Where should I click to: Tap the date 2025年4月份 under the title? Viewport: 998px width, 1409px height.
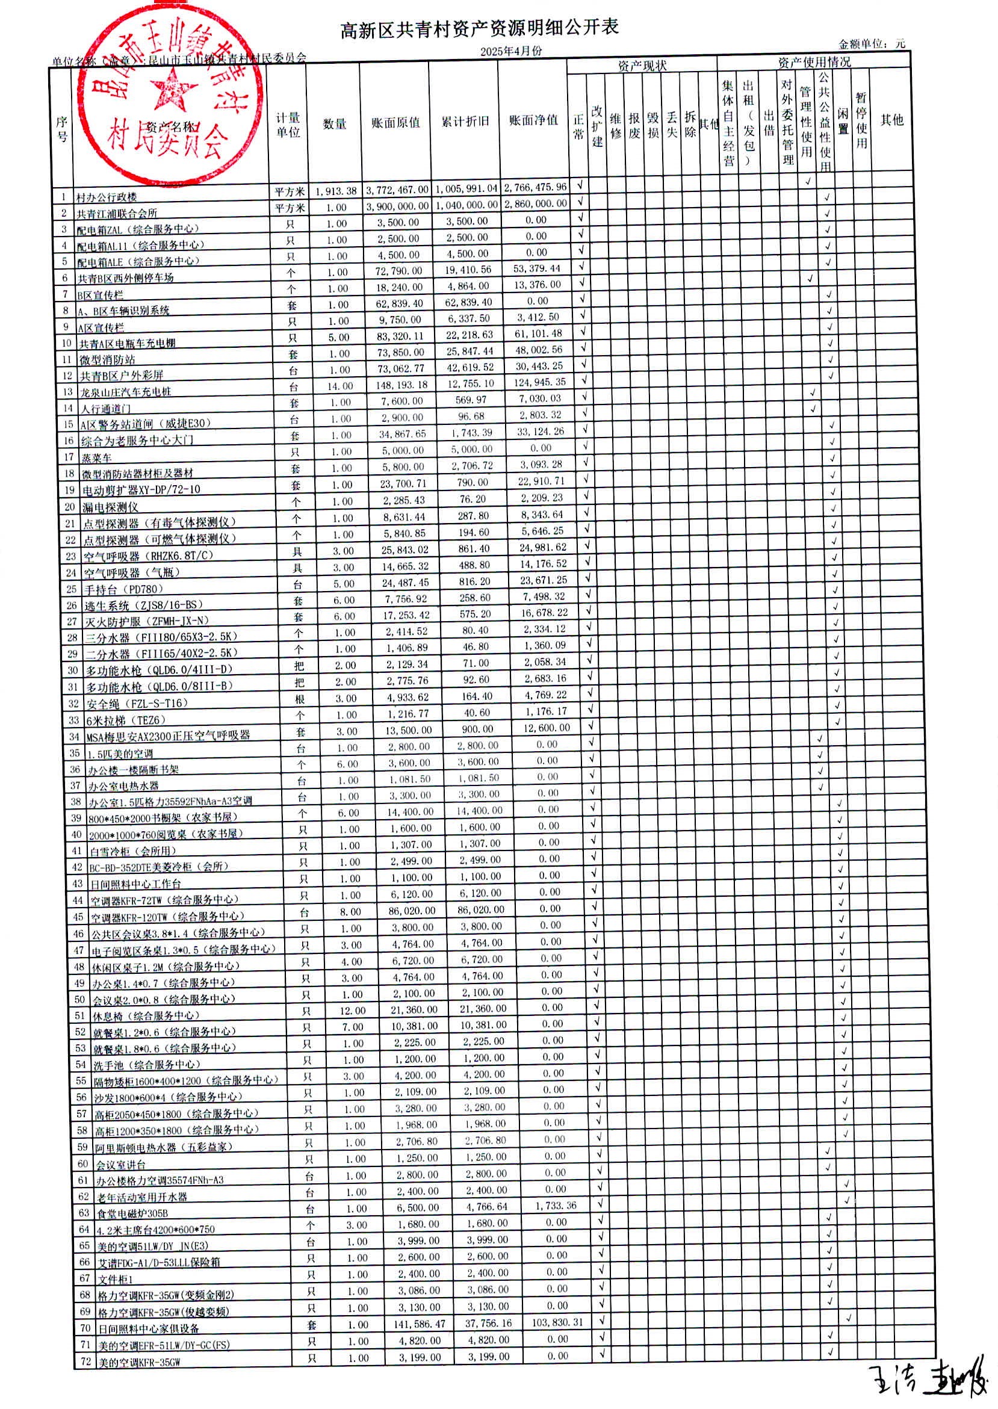(511, 52)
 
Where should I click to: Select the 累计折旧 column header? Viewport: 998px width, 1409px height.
(465, 122)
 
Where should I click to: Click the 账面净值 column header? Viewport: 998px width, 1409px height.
(533, 120)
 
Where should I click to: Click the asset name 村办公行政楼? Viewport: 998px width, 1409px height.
(107, 197)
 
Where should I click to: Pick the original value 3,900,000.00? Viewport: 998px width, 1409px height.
(397, 206)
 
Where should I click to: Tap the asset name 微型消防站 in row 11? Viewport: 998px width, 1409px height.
(107, 359)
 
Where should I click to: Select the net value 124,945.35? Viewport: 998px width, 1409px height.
(539, 382)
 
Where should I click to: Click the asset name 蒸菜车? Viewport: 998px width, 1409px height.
(97, 458)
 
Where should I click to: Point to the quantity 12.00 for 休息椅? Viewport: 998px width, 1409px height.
(353, 1011)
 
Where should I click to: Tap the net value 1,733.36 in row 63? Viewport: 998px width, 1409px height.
(556, 1206)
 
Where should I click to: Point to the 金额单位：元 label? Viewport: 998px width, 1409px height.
(872, 43)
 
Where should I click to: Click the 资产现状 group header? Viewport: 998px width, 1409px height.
(642, 65)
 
